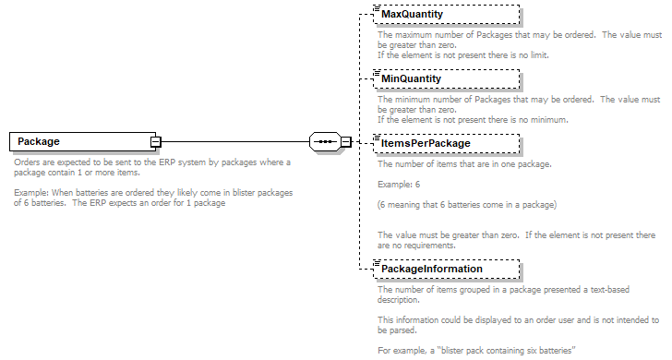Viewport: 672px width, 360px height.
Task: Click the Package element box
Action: tap(81, 141)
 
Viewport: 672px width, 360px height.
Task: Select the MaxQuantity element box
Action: tap(445, 15)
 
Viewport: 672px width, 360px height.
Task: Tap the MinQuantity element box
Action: tap(445, 78)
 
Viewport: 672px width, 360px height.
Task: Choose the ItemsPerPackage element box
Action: tap(445, 143)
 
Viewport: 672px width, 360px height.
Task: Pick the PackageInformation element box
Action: tap(445, 269)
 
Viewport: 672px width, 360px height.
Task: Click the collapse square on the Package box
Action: tap(156, 141)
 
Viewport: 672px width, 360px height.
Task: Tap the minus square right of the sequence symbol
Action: tap(345, 141)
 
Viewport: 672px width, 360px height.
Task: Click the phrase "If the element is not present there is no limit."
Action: tap(462, 54)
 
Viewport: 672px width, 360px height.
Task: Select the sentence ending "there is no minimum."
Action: tap(472, 119)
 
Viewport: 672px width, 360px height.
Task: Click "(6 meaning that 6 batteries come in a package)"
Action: tap(467, 204)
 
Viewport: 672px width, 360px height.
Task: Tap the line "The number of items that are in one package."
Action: tap(464, 163)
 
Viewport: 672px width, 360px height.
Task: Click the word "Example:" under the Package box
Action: tap(33, 192)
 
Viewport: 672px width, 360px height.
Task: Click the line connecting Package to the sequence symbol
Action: tap(234, 141)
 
